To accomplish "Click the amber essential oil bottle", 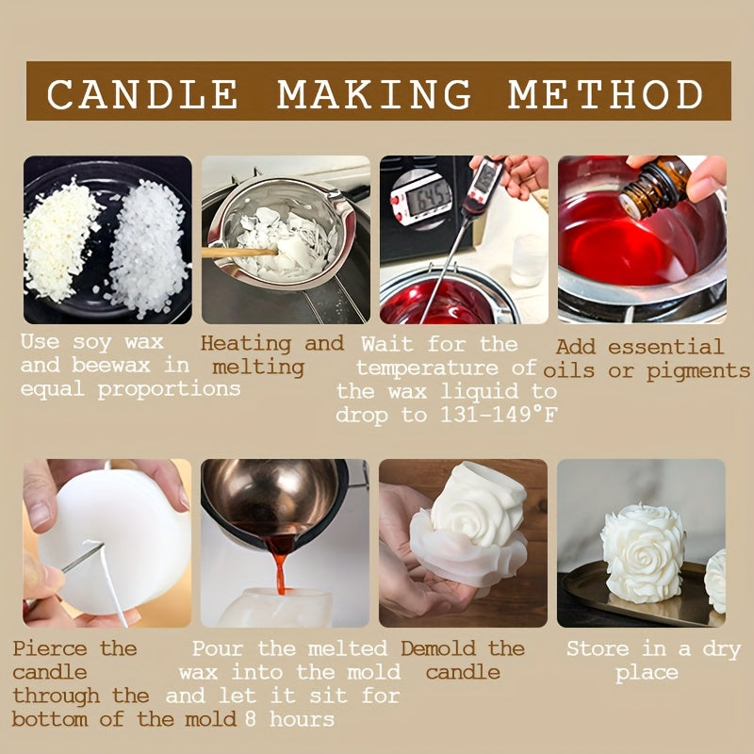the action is click(655, 187).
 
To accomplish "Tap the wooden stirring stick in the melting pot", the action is click(239, 253).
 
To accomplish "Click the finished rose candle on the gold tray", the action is click(643, 553).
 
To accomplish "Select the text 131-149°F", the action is click(499, 415).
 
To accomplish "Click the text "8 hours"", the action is click(289, 719).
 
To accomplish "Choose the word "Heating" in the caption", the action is click(246, 344).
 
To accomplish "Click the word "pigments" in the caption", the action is click(697, 371).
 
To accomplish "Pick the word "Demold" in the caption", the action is click(438, 648).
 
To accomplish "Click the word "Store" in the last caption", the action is click(598, 648).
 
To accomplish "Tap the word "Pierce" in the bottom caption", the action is click(50, 648).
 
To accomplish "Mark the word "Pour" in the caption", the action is click(218, 648).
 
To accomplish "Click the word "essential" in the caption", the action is click(665, 347).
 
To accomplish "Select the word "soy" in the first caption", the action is click(92, 343).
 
